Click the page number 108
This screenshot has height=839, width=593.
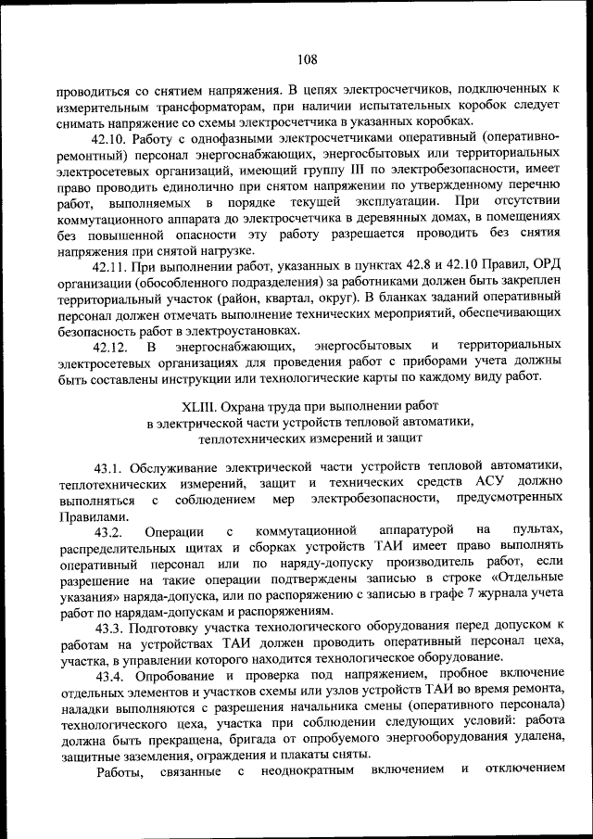pos(307,60)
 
